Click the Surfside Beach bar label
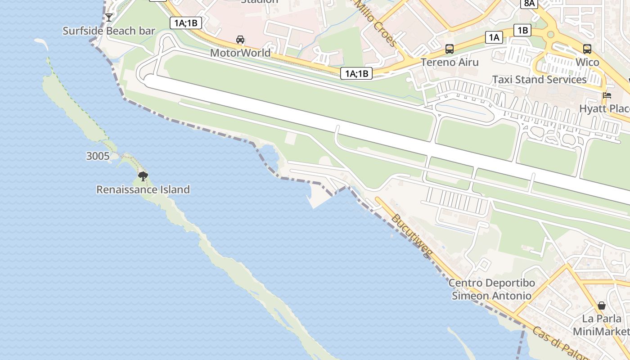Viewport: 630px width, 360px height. pos(109,31)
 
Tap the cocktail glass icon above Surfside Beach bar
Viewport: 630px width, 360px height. pos(109,18)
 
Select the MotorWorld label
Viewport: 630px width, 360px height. pos(240,53)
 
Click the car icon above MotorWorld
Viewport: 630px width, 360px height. pos(240,40)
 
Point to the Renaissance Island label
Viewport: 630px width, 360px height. pos(143,189)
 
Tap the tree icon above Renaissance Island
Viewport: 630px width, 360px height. pos(143,176)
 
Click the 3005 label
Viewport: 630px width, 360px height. pos(98,156)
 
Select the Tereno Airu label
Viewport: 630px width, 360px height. pos(450,62)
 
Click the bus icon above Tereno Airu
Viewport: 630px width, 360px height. pos(450,49)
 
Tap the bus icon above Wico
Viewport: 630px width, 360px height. pos(587,49)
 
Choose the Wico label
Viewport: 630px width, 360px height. pos(587,62)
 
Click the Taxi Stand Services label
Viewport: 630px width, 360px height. pos(539,80)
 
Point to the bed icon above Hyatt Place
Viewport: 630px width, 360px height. pos(607,95)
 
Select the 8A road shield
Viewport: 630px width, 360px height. pos(529,4)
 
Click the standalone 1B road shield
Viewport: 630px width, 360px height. pos(522,30)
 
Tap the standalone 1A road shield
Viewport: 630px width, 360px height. pos(494,37)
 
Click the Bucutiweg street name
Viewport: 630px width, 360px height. pos(411,235)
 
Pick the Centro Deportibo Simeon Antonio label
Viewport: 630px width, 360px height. pos(491,289)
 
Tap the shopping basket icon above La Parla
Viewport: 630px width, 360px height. pos(602,306)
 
